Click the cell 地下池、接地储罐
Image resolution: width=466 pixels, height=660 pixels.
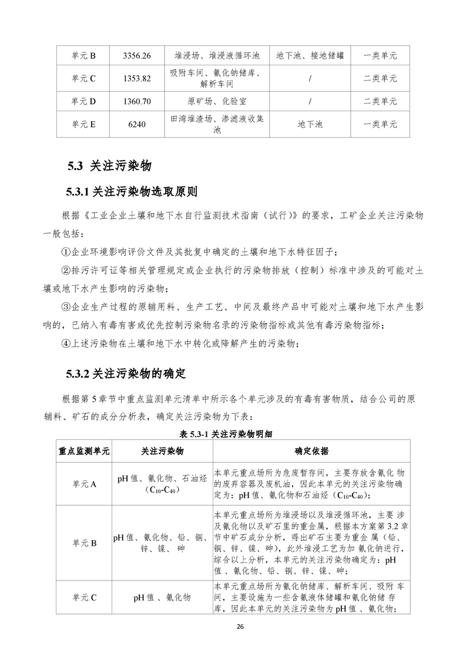[x=310, y=56]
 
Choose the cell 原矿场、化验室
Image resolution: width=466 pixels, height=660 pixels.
[x=217, y=101]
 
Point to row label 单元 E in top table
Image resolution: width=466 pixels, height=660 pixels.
[x=83, y=124]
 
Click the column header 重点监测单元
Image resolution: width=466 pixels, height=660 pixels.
[x=83, y=451]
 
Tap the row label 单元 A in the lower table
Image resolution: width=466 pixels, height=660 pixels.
[x=83, y=484]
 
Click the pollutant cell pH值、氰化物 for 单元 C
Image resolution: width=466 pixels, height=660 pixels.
[x=162, y=597]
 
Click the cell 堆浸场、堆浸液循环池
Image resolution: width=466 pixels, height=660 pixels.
[x=217, y=56]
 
